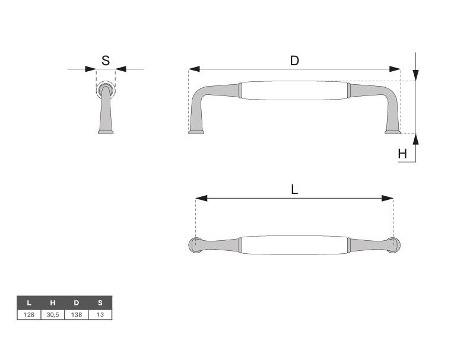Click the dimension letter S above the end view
(106, 60)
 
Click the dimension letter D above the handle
(294, 60)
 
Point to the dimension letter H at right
(402, 154)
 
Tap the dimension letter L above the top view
(294, 190)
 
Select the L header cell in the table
(29, 303)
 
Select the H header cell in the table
(53, 303)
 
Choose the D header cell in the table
(77, 303)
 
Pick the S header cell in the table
(100, 303)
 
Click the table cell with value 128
(29, 315)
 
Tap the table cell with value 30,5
(53, 315)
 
